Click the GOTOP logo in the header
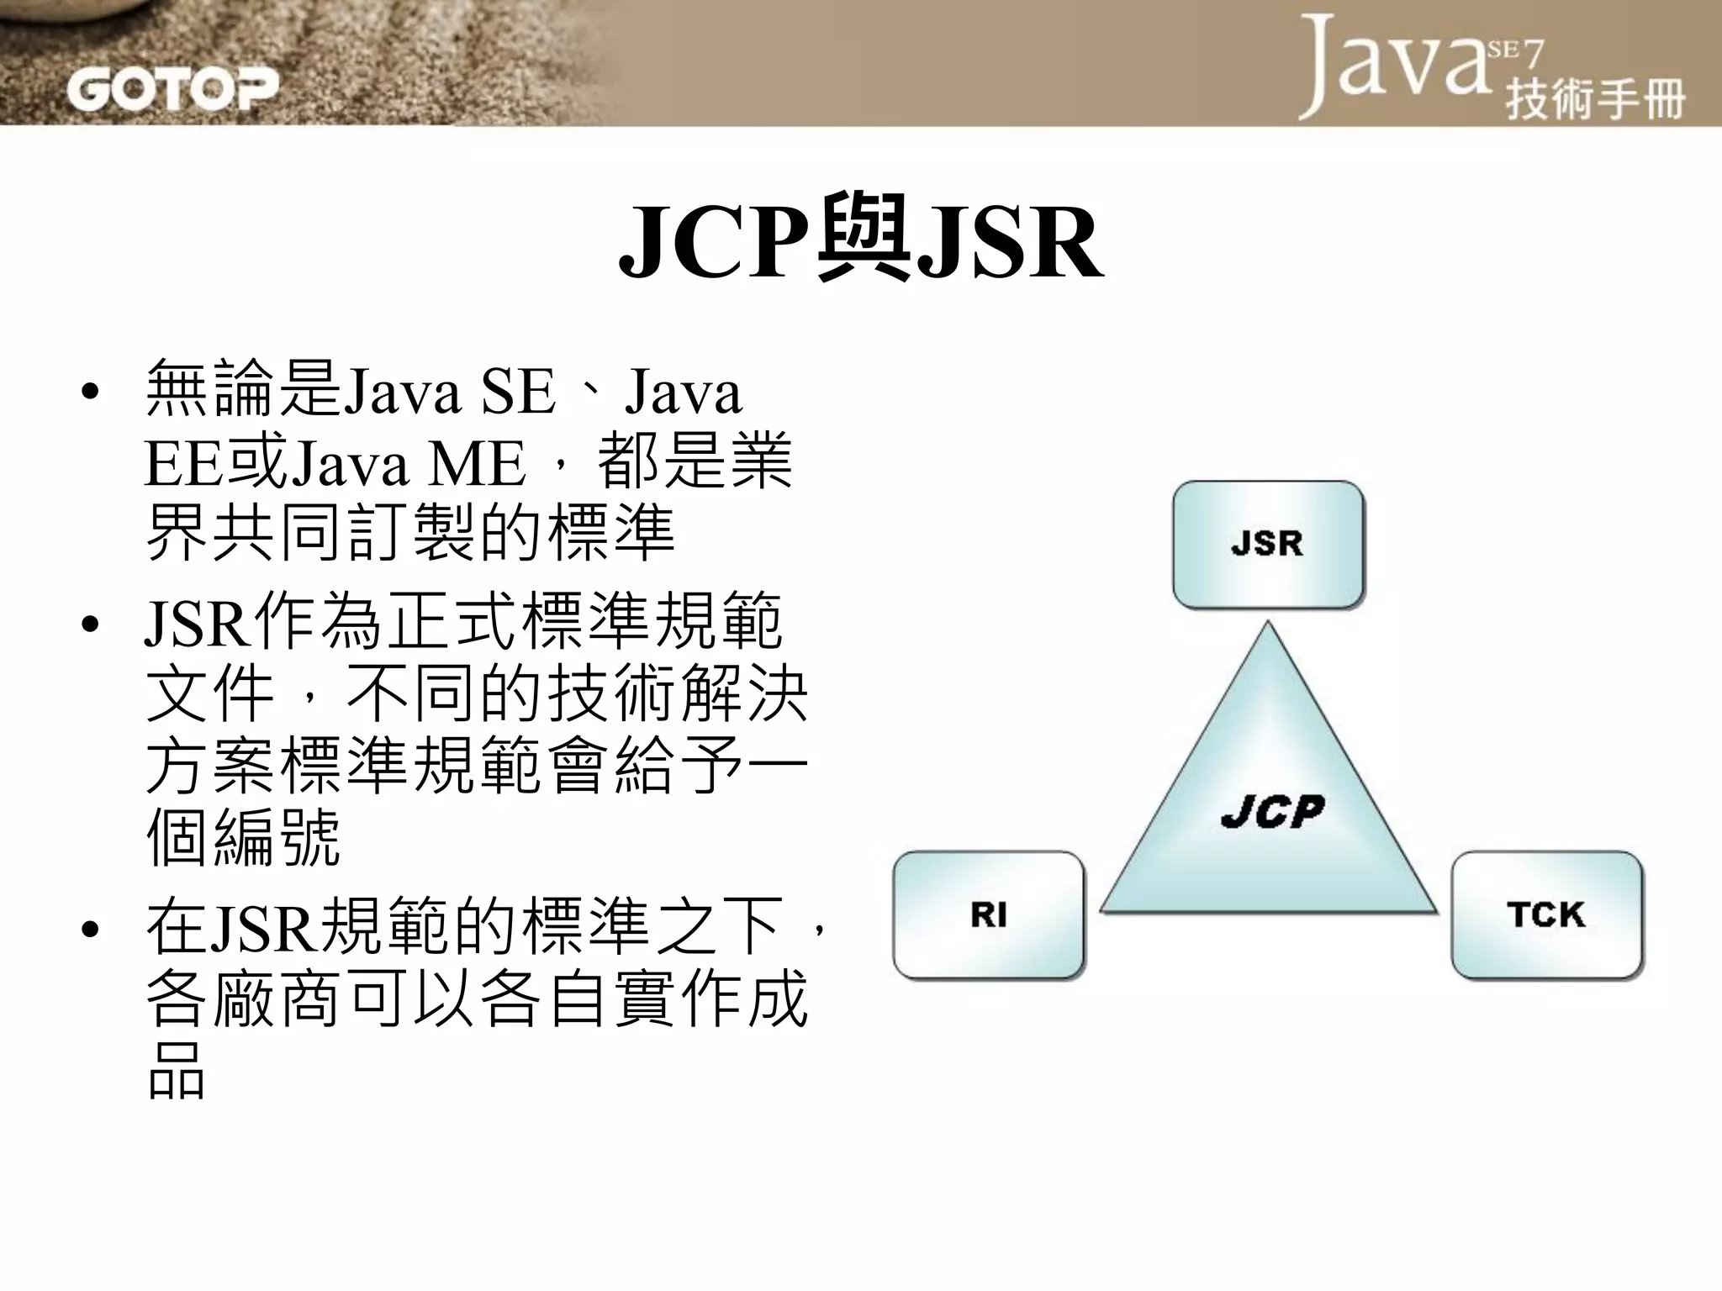click(x=172, y=90)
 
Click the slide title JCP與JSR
click(x=860, y=241)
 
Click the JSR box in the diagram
click(x=1267, y=544)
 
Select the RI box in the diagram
click(x=988, y=914)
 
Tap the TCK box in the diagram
click(x=1545, y=914)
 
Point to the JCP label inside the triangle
click(x=1272, y=812)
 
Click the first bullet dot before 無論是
click(x=91, y=393)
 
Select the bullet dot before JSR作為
click(x=91, y=624)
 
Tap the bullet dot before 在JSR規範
click(x=91, y=929)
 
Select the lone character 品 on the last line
click(x=176, y=1072)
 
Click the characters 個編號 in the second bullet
click(x=243, y=837)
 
